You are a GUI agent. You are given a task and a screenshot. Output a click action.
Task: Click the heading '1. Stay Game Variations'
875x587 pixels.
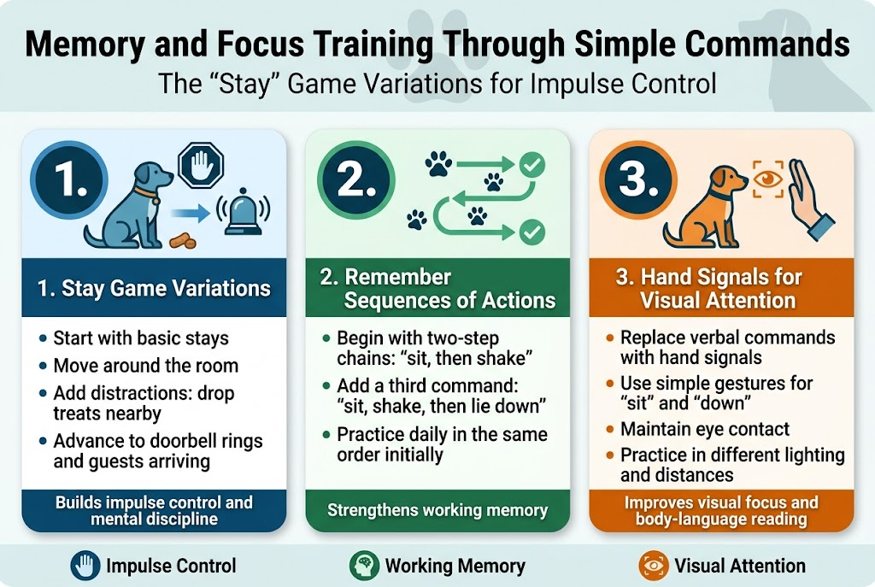coord(155,288)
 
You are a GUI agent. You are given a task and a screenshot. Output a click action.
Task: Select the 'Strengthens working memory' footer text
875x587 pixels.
coord(437,510)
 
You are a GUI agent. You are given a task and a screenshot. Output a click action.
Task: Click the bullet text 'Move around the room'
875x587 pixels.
coord(145,366)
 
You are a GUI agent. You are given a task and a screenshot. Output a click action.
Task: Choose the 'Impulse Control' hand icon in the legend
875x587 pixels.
coord(84,565)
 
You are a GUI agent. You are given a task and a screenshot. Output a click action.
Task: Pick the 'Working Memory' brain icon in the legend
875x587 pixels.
coord(363,565)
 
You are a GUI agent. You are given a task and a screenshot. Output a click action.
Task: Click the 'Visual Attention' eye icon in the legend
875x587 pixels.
coord(653,565)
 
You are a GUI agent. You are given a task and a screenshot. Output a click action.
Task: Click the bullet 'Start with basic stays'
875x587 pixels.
coord(141,338)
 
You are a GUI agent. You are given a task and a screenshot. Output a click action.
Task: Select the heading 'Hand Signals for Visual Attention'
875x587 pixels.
coord(721,289)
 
